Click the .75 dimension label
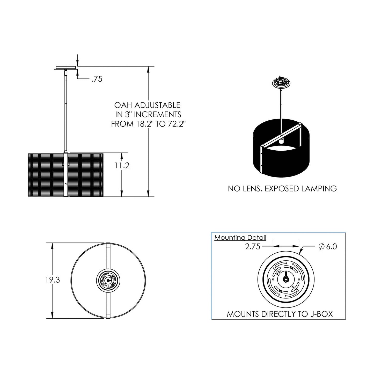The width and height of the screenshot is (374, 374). (x=97, y=79)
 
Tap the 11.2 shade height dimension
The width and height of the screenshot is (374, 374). (x=122, y=165)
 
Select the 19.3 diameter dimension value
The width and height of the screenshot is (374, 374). (x=53, y=280)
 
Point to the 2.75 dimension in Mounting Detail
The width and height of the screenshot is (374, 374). (x=253, y=246)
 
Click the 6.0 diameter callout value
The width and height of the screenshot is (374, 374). (x=331, y=246)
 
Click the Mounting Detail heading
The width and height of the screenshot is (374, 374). (x=240, y=238)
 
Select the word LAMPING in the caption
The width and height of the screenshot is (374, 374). (x=319, y=188)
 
